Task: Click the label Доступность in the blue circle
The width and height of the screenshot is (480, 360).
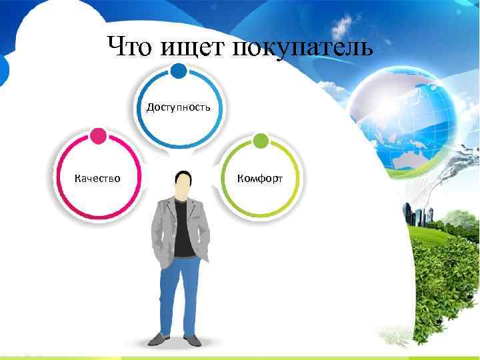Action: (179, 107)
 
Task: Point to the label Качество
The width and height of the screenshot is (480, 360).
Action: (97, 178)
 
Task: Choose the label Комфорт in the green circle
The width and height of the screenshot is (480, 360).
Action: (260, 178)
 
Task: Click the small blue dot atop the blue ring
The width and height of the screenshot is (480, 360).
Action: (179, 71)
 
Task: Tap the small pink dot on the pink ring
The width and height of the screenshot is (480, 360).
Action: (97, 137)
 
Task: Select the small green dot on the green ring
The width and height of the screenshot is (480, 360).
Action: (261, 141)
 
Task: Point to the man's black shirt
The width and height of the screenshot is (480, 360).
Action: (183, 230)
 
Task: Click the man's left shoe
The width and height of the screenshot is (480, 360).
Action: (157, 339)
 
